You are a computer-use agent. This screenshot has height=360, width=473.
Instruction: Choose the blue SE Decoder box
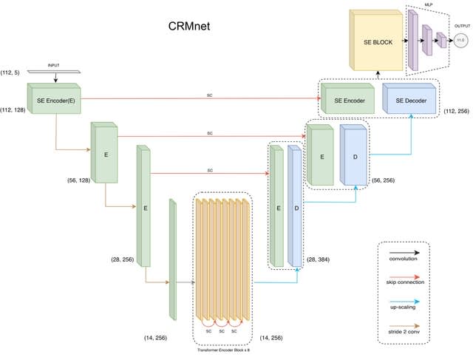pos(410,100)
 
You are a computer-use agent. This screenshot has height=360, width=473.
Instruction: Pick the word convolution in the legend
pos(402,259)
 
